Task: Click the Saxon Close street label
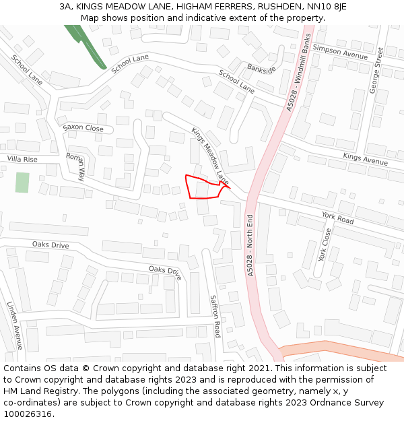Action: pyautogui.click(x=83, y=128)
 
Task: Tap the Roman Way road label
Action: pyautogui.click(x=75, y=166)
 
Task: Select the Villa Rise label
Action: pyautogui.click(x=22, y=159)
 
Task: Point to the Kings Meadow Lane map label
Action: pyautogui.click(x=210, y=157)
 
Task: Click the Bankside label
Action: pyautogui.click(x=261, y=69)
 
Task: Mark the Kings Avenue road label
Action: pyautogui.click(x=365, y=159)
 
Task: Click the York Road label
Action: pyautogui.click(x=337, y=218)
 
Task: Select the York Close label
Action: pyautogui.click(x=325, y=245)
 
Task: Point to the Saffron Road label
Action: pyautogui.click(x=215, y=316)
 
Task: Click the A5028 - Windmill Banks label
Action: pyautogui.click(x=299, y=69)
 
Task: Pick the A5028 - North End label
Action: pyautogui.click(x=250, y=245)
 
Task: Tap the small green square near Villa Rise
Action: pyautogui.click(x=22, y=183)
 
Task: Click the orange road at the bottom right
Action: pyautogui.click(x=343, y=352)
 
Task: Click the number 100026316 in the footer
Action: pyautogui.click(x=28, y=414)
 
